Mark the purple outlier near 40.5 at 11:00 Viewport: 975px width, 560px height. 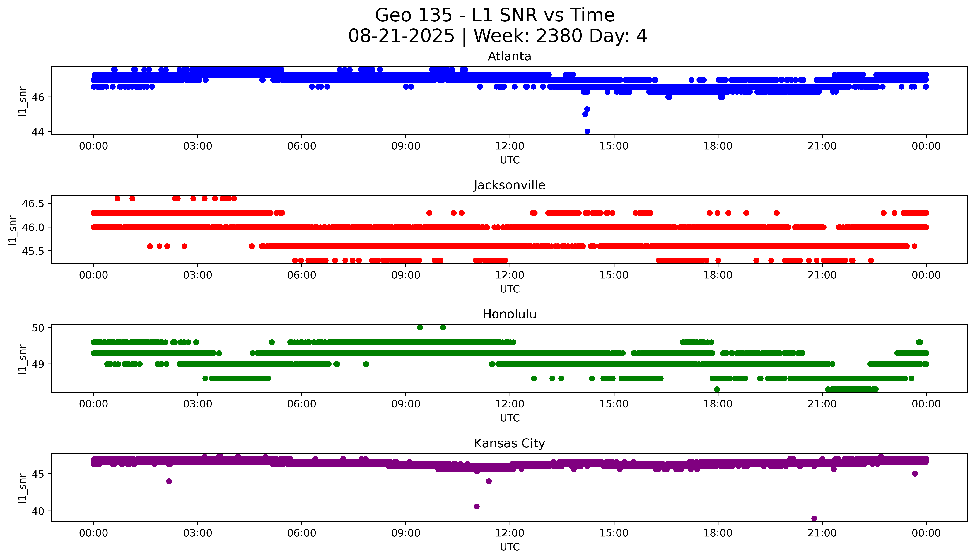coord(477,506)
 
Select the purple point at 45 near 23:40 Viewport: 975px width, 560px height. coord(915,473)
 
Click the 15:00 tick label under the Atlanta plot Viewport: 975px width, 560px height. coord(614,146)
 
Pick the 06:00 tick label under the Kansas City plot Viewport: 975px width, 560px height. coord(302,533)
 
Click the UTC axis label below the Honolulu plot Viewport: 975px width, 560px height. coord(510,418)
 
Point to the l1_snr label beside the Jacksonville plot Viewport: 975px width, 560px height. coord(13,230)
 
